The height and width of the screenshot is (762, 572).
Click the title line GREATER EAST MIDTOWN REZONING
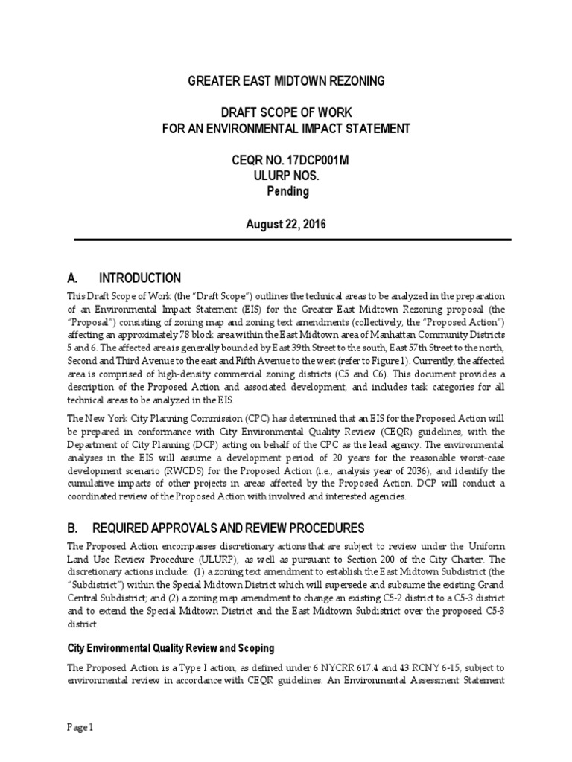pos(286,80)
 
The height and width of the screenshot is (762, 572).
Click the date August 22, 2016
pos(286,223)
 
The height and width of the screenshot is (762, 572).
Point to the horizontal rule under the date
pos(286,240)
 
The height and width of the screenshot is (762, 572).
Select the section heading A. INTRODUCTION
pos(124,278)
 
